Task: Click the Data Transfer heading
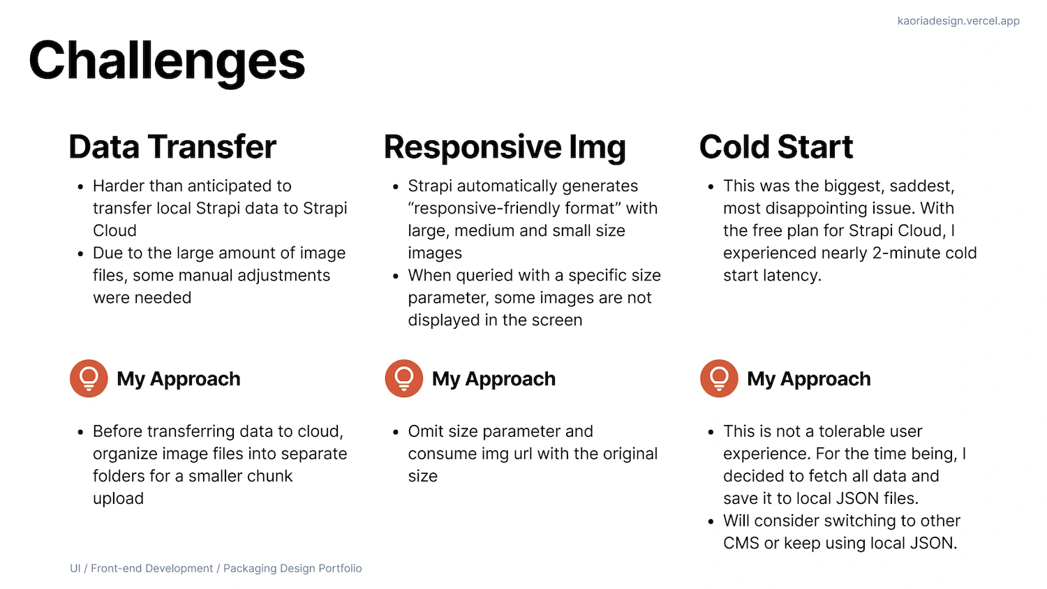(x=172, y=147)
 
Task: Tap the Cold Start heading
(x=776, y=147)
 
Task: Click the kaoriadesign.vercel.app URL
(x=958, y=20)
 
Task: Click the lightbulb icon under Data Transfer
(x=89, y=378)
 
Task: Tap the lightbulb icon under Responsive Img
(x=404, y=378)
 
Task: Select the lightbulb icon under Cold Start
(x=719, y=378)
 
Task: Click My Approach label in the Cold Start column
(x=808, y=379)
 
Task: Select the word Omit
(x=425, y=431)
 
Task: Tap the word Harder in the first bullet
(x=118, y=186)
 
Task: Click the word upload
(x=118, y=499)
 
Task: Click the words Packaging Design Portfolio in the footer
(x=292, y=569)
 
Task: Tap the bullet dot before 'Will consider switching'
(x=711, y=522)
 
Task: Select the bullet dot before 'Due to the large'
(x=80, y=254)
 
